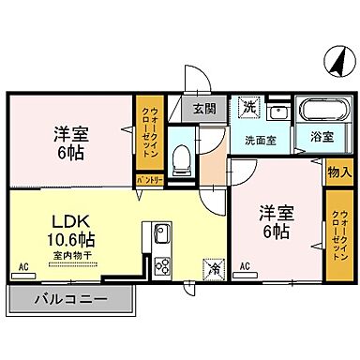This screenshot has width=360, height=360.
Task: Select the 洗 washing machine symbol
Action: (x=248, y=108)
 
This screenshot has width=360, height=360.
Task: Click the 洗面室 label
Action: (x=260, y=141)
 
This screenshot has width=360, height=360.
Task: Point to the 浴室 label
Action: (x=322, y=137)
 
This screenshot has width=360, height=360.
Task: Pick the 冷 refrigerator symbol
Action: (x=212, y=267)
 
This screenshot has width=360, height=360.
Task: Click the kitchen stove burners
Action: (x=160, y=264)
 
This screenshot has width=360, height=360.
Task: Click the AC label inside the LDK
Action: (x=22, y=268)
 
